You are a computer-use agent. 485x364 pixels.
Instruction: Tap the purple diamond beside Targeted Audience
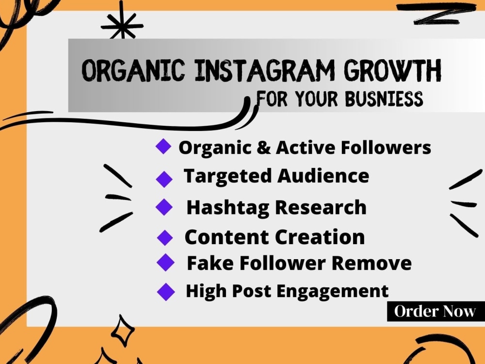point(164,179)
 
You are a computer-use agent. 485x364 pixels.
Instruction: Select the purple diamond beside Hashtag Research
point(164,207)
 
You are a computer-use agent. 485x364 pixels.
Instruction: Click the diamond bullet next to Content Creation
point(165,238)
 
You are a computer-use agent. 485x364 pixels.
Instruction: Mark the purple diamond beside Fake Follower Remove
point(165,263)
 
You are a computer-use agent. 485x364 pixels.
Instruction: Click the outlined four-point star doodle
point(123,331)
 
